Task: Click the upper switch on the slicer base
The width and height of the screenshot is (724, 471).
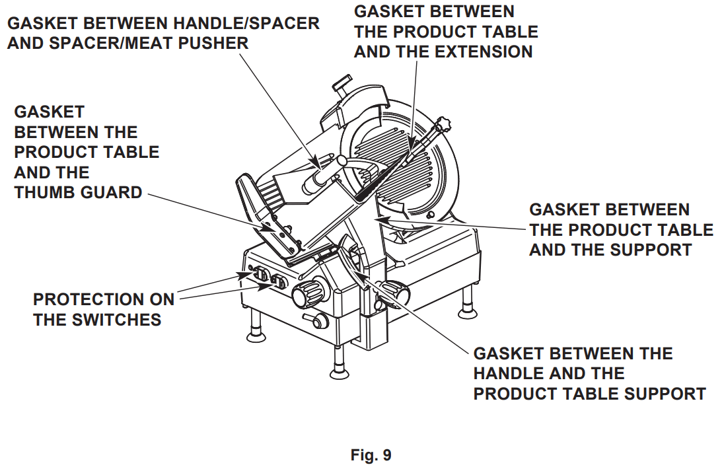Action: coord(257,273)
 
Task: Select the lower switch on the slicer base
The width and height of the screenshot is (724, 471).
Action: coord(277,283)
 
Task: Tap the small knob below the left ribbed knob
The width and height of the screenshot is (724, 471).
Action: coord(319,321)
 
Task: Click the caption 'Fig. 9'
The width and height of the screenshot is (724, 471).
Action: coord(371,455)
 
